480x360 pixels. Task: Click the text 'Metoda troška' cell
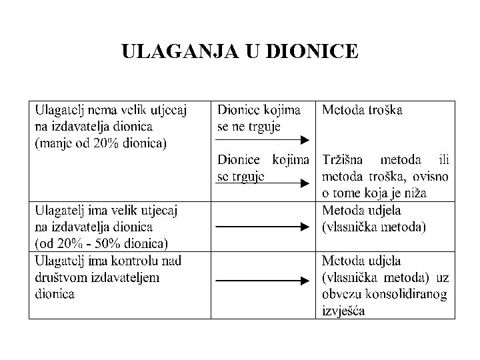pyautogui.click(x=362, y=109)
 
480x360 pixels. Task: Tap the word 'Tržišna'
pyautogui.click(x=345, y=160)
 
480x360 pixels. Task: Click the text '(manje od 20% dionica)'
pyautogui.click(x=100, y=143)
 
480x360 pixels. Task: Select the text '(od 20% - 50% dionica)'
pyautogui.click(x=101, y=242)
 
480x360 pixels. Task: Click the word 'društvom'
pyautogui.click(x=57, y=277)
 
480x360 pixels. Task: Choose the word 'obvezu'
pyautogui.click(x=344, y=294)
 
